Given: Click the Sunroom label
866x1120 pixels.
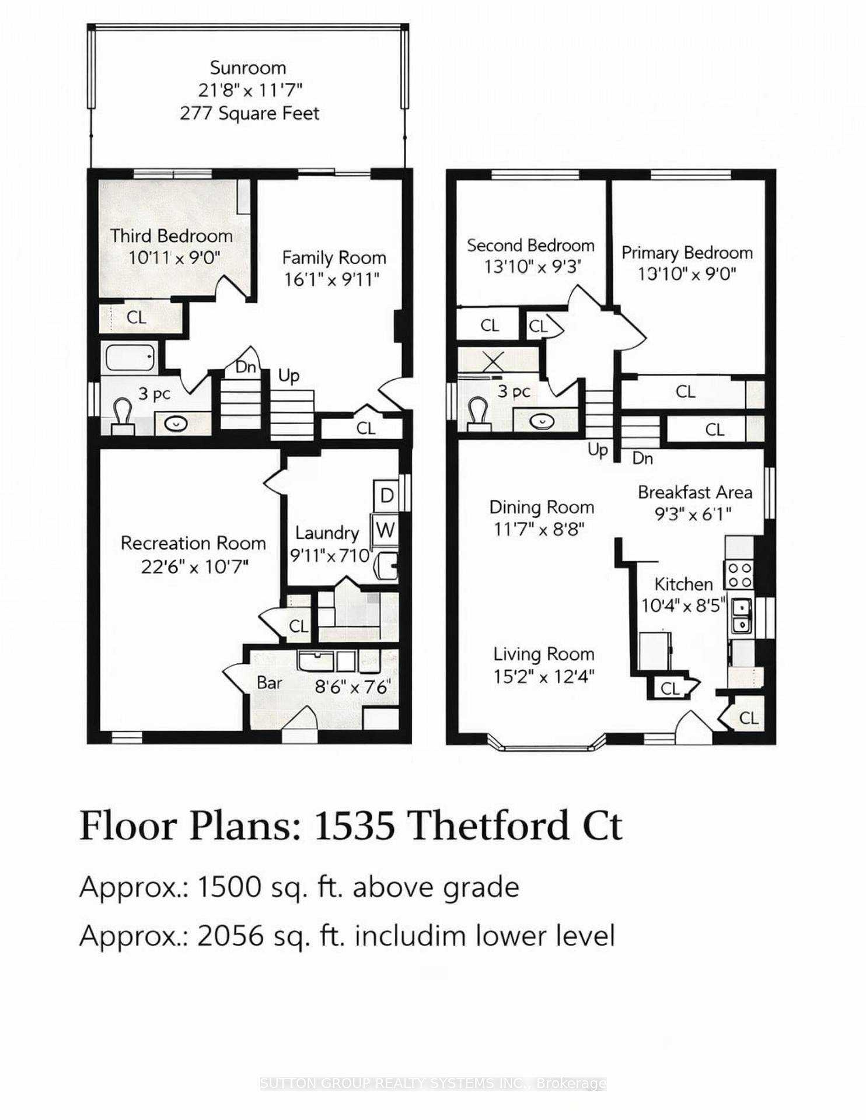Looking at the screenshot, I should click(248, 68).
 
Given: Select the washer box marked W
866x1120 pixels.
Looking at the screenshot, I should click(385, 530).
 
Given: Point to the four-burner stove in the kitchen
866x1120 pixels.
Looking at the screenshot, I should click(739, 575).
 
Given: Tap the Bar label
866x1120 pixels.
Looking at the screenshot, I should click(270, 682).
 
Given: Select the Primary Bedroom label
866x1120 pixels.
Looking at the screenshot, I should click(687, 253).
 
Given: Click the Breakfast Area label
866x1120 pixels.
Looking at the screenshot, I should click(694, 492).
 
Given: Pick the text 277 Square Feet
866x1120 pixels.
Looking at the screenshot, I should click(250, 113).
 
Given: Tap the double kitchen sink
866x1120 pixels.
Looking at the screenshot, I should click(741, 616).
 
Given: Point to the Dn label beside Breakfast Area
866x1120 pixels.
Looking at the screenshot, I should click(642, 459).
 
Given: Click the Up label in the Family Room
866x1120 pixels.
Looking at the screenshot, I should click(289, 376).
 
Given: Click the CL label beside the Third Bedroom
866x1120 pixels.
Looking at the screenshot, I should click(136, 317).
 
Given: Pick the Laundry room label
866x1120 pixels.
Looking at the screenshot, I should click(327, 533).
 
